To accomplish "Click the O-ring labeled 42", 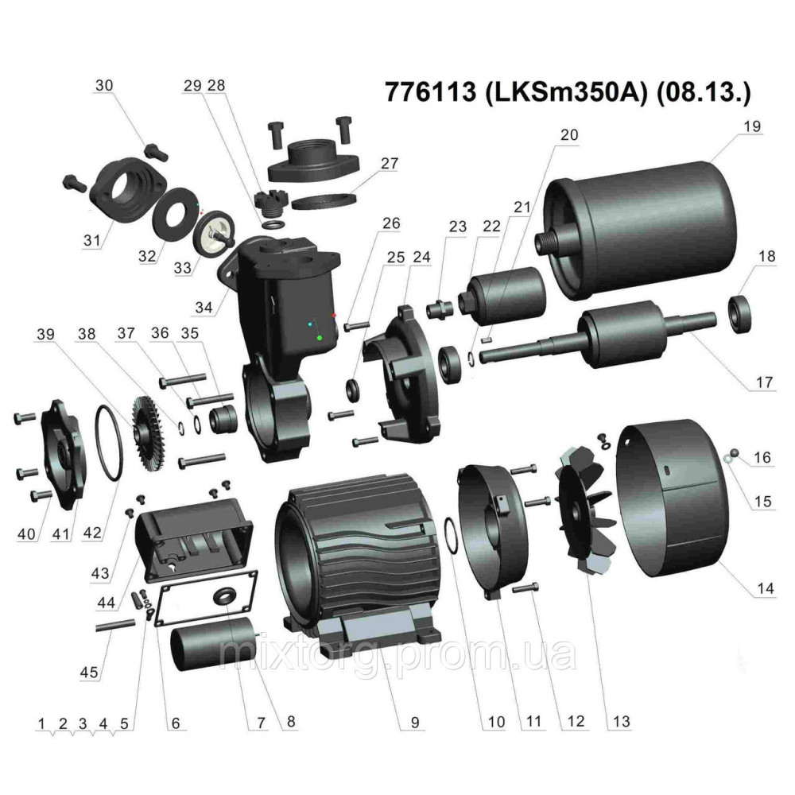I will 110,442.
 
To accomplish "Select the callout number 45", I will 90,673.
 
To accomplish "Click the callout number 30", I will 104,84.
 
